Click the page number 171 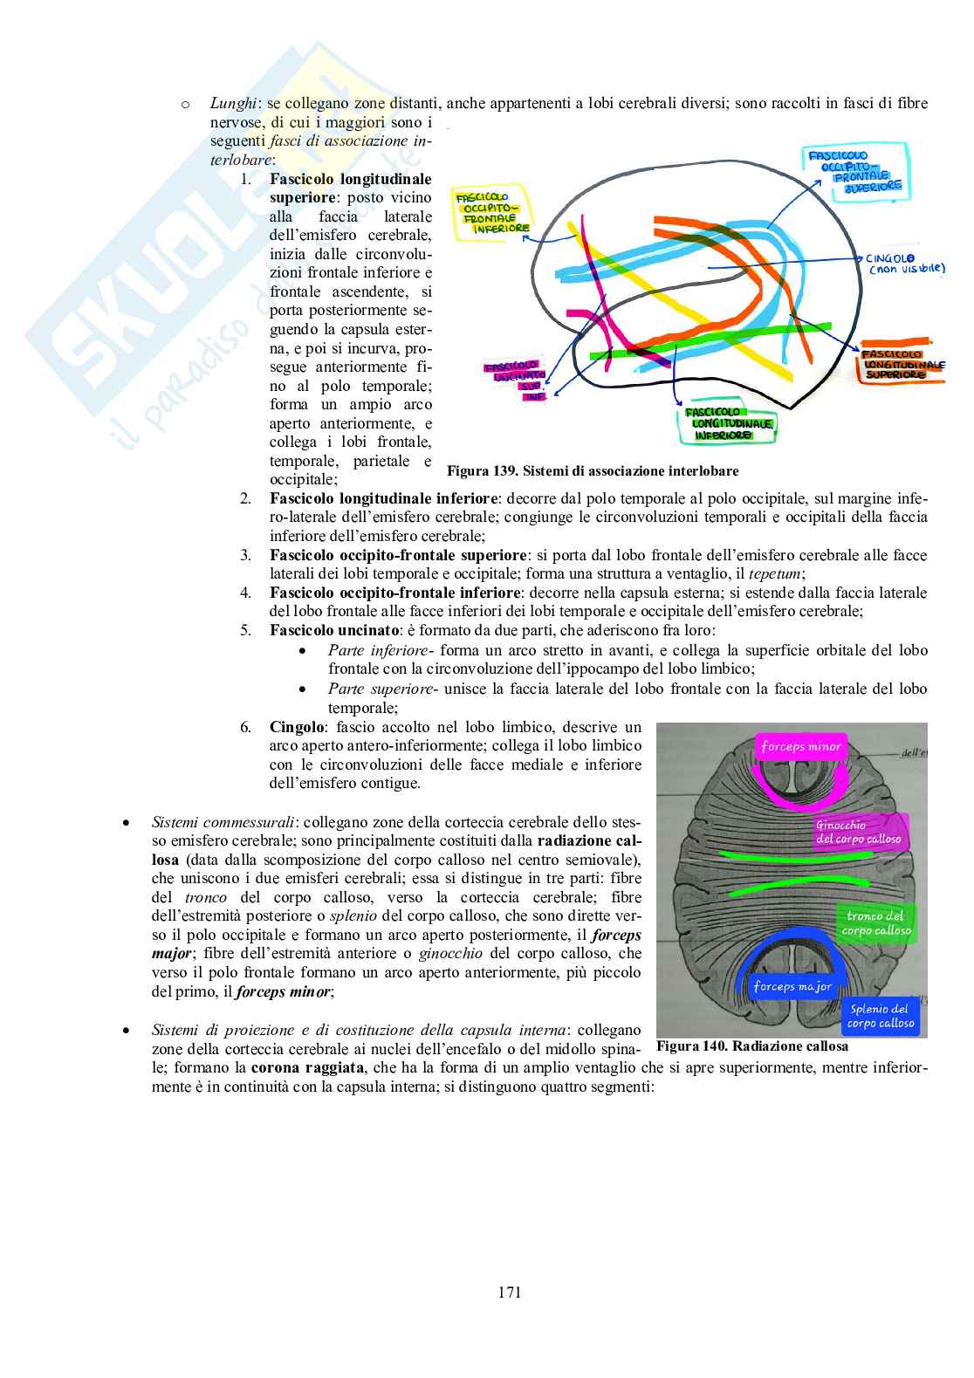point(510,1292)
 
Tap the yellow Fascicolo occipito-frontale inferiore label point(493,213)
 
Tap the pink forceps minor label point(800,746)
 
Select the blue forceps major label point(792,986)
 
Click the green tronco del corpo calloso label point(875,922)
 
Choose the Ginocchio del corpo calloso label point(858,832)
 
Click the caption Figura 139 point(593,471)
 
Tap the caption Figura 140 point(751,1045)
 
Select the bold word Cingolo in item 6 point(297,727)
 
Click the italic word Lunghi point(233,104)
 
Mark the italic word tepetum point(777,574)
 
